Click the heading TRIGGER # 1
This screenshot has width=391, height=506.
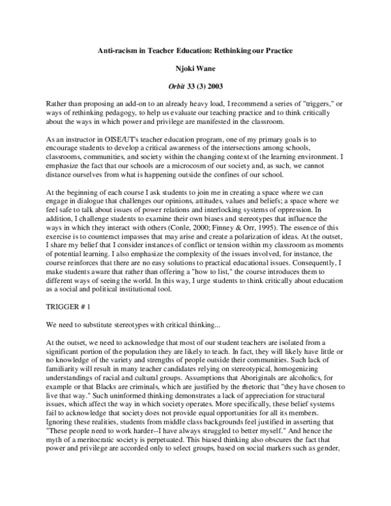tap(68, 306)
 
